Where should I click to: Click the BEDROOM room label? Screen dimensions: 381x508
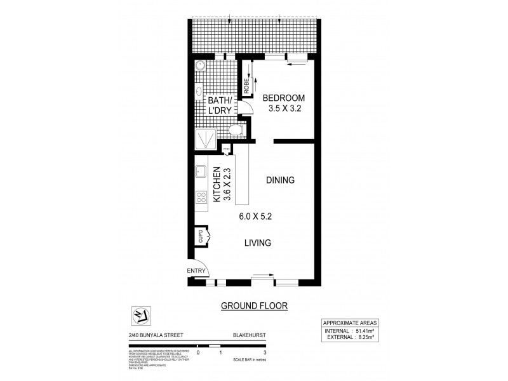[284, 98]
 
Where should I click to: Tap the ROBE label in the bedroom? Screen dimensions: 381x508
[247, 84]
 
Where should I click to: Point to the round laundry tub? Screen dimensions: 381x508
[199, 67]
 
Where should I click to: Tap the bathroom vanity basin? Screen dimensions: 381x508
[197, 91]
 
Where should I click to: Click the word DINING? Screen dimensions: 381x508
[280, 180]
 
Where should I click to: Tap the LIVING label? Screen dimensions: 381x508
[258, 243]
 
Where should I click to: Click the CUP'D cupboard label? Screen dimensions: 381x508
[201, 237]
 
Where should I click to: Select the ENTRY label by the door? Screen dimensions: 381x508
[197, 272]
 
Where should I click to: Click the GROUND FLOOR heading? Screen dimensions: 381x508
[254, 305]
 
